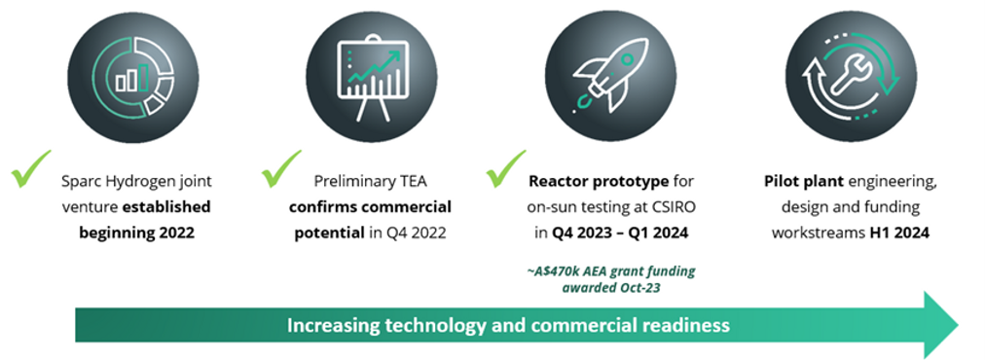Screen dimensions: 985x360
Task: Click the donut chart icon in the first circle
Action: pyautogui.click(x=132, y=76)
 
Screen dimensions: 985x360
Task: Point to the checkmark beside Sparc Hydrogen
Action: pyautogui.click(x=31, y=168)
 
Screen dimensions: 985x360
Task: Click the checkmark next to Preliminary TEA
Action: pyautogui.click(x=280, y=168)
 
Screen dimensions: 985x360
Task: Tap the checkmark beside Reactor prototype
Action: pyautogui.click(x=506, y=168)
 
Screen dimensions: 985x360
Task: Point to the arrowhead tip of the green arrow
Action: pyautogui.click(x=958, y=325)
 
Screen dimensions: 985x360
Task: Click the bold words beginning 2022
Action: pyautogui.click(x=136, y=233)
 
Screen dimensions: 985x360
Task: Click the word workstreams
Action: pyautogui.click(x=818, y=233)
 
